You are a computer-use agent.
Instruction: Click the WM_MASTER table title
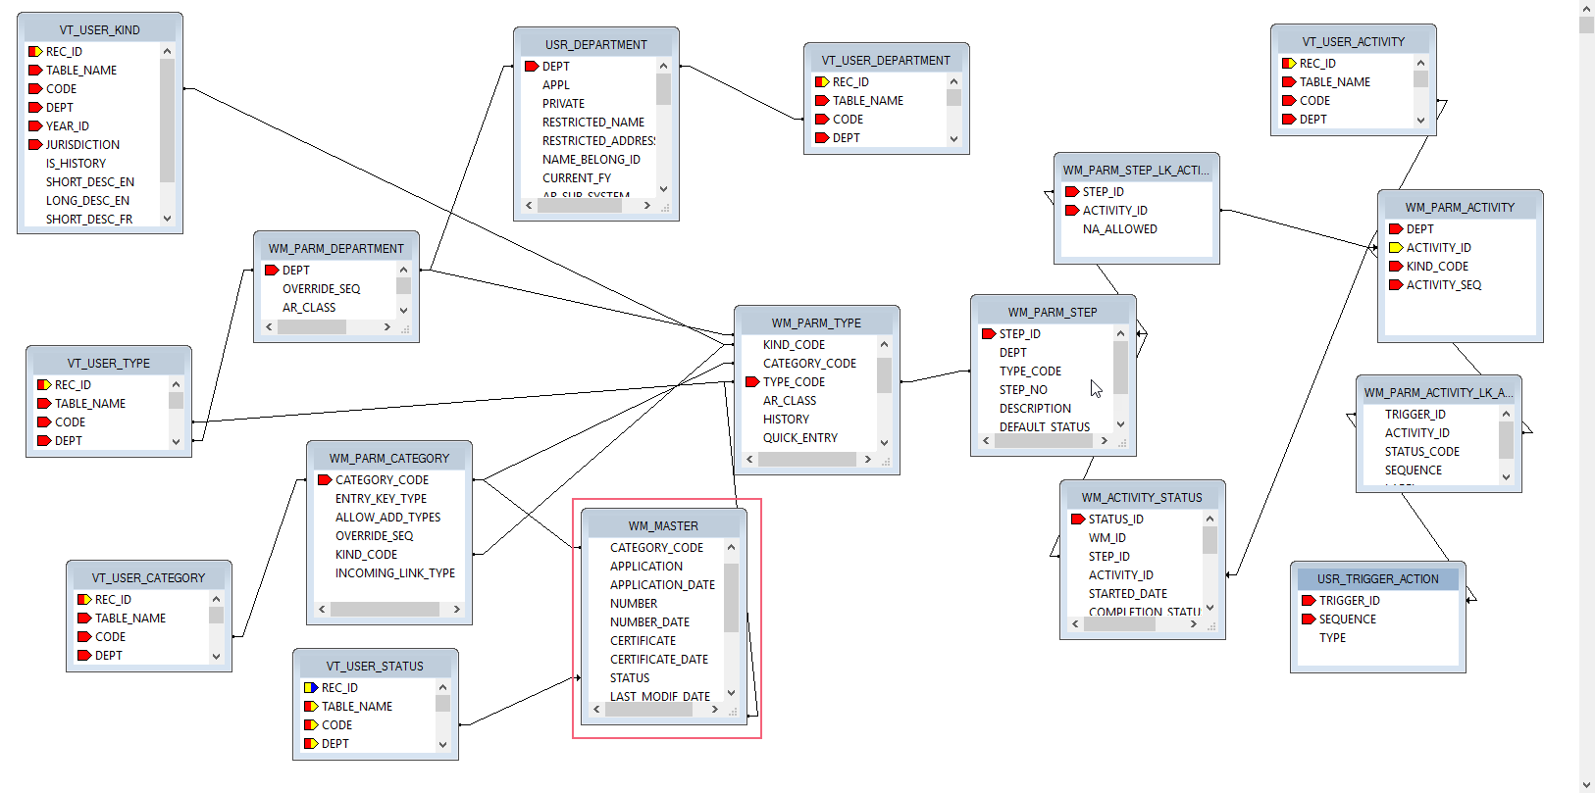pyautogui.click(x=663, y=526)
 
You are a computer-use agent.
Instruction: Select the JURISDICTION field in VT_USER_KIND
pyautogui.click(x=82, y=145)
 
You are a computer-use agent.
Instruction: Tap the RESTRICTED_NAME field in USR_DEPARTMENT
pyautogui.click(x=593, y=123)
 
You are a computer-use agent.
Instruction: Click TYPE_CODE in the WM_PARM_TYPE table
pyautogui.click(x=794, y=382)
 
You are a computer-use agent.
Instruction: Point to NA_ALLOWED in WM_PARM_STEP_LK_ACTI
pyautogui.click(x=1119, y=229)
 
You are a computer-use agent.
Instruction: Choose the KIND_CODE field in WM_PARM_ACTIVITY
pyautogui.click(x=1437, y=267)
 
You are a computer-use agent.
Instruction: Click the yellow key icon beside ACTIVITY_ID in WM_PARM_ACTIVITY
pyautogui.click(x=1395, y=248)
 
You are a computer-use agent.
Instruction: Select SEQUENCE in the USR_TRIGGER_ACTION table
pyautogui.click(x=1347, y=620)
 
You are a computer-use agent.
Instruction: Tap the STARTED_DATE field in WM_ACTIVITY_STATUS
pyautogui.click(x=1127, y=594)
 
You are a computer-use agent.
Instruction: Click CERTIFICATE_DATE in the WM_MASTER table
pyautogui.click(x=658, y=660)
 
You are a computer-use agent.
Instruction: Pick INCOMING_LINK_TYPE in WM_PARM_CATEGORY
pyautogui.click(x=394, y=573)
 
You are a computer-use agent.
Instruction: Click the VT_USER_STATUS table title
pyautogui.click(x=375, y=667)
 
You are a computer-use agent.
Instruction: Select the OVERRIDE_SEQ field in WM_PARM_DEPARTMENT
pyautogui.click(x=321, y=289)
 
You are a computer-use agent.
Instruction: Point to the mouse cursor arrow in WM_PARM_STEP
pyautogui.click(x=1096, y=388)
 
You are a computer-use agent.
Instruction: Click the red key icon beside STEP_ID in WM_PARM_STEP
pyautogui.click(x=989, y=334)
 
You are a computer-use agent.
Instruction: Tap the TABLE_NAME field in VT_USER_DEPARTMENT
pyautogui.click(x=867, y=101)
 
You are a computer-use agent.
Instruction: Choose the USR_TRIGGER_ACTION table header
pyautogui.click(x=1377, y=579)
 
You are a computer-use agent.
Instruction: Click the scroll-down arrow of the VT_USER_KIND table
pyautogui.click(x=167, y=219)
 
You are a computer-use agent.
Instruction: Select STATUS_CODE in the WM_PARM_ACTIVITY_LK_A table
pyautogui.click(x=1421, y=452)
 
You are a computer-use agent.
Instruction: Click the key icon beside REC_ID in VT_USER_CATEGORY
pyautogui.click(x=84, y=600)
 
